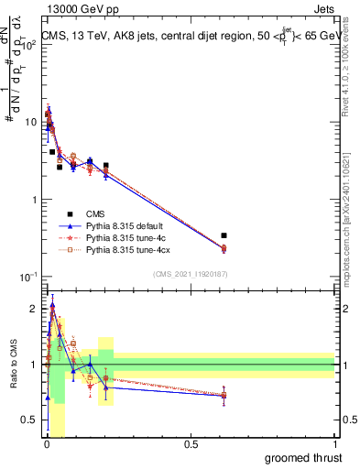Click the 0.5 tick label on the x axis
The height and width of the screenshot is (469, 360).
pos(191,444)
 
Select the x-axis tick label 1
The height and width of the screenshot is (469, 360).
pos(335,444)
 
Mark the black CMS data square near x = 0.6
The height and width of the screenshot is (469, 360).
pos(224,235)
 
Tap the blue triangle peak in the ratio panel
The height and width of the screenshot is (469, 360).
pos(53,306)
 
